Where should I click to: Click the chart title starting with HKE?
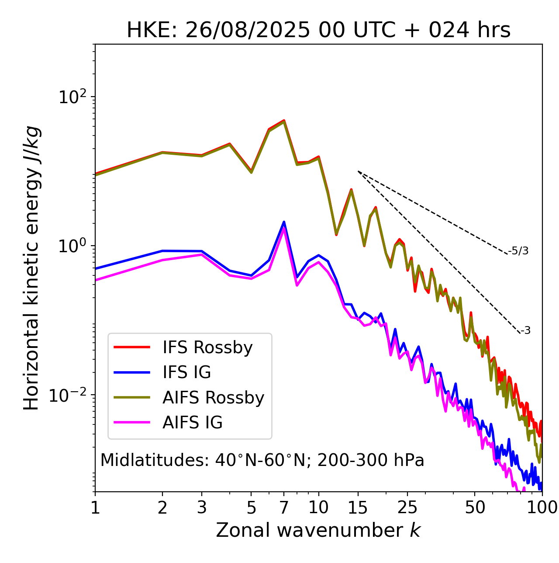(318, 31)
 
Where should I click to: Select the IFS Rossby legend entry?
(207, 348)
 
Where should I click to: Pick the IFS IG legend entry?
(186, 372)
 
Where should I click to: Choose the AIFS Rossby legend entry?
(213, 398)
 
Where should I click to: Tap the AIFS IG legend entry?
(193, 423)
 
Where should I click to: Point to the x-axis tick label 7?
(284, 507)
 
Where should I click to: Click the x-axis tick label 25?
(407, 507)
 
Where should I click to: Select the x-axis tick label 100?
(542, 507)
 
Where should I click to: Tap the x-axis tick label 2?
(162, 507)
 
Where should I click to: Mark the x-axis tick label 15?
(358, 507)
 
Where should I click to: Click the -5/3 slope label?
(518, 251)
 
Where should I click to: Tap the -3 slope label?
(525, 331)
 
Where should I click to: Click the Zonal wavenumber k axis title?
(318, 530)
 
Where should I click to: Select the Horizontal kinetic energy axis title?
(31, 268)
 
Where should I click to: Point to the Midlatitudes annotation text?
(262, 460)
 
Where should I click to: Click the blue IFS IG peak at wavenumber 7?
(284, 222)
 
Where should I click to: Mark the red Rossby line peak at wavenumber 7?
(284, 120)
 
